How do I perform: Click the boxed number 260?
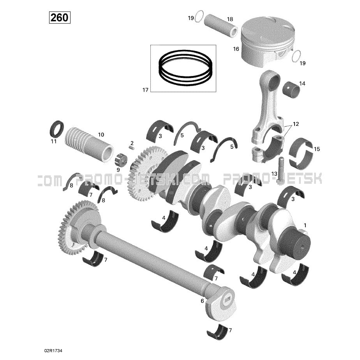tap(60, 18)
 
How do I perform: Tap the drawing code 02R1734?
tap(53, 351)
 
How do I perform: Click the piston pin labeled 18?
tap(221, 26)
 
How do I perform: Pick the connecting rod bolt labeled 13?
tap(281, 171)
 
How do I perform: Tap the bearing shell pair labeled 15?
tap(301, 152)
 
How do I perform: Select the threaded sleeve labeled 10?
tap(89, 145)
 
